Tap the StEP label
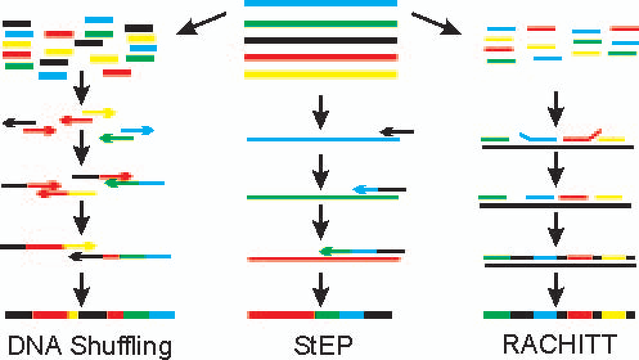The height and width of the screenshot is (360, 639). [320, 345]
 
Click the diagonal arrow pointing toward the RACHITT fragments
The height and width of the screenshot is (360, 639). [437, 23]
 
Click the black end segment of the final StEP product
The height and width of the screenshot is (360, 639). [377, 315]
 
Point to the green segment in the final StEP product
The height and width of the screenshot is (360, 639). [327, 315]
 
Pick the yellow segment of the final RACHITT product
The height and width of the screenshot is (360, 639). [613, 315]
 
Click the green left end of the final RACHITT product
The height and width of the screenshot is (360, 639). [496, 315]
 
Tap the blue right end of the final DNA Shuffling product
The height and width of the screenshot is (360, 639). [161, 315]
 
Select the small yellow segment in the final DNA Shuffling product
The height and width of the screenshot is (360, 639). [73, 315]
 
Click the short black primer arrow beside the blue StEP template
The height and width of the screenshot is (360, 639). [397, 132]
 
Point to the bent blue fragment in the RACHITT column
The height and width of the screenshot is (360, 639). [537, 138]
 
